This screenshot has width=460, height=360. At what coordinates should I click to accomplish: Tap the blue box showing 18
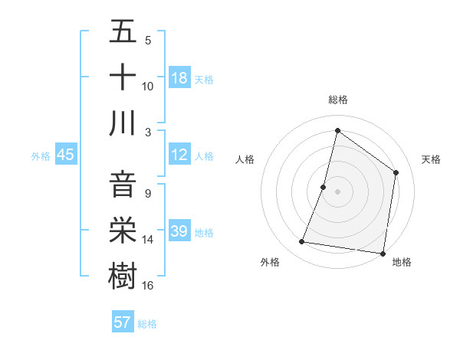179,77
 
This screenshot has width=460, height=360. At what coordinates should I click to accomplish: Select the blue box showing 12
179,155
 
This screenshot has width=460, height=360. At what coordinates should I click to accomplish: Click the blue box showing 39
179,232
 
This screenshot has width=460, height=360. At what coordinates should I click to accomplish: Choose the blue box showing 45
66,155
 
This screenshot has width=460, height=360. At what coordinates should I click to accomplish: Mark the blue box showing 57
123,322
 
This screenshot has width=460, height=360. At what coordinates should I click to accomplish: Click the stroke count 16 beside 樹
148,285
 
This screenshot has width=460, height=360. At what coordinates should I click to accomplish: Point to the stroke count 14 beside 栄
148,240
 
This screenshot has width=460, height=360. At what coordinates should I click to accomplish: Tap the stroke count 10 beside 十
148,86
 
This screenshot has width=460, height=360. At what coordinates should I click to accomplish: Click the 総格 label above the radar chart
337,100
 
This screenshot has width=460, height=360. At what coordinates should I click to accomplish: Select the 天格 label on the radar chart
431,159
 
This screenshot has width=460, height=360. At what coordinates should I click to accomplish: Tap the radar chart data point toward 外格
302,242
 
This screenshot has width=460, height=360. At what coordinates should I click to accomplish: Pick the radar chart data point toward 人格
324,187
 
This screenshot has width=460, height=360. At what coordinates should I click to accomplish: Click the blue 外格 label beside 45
41,156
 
